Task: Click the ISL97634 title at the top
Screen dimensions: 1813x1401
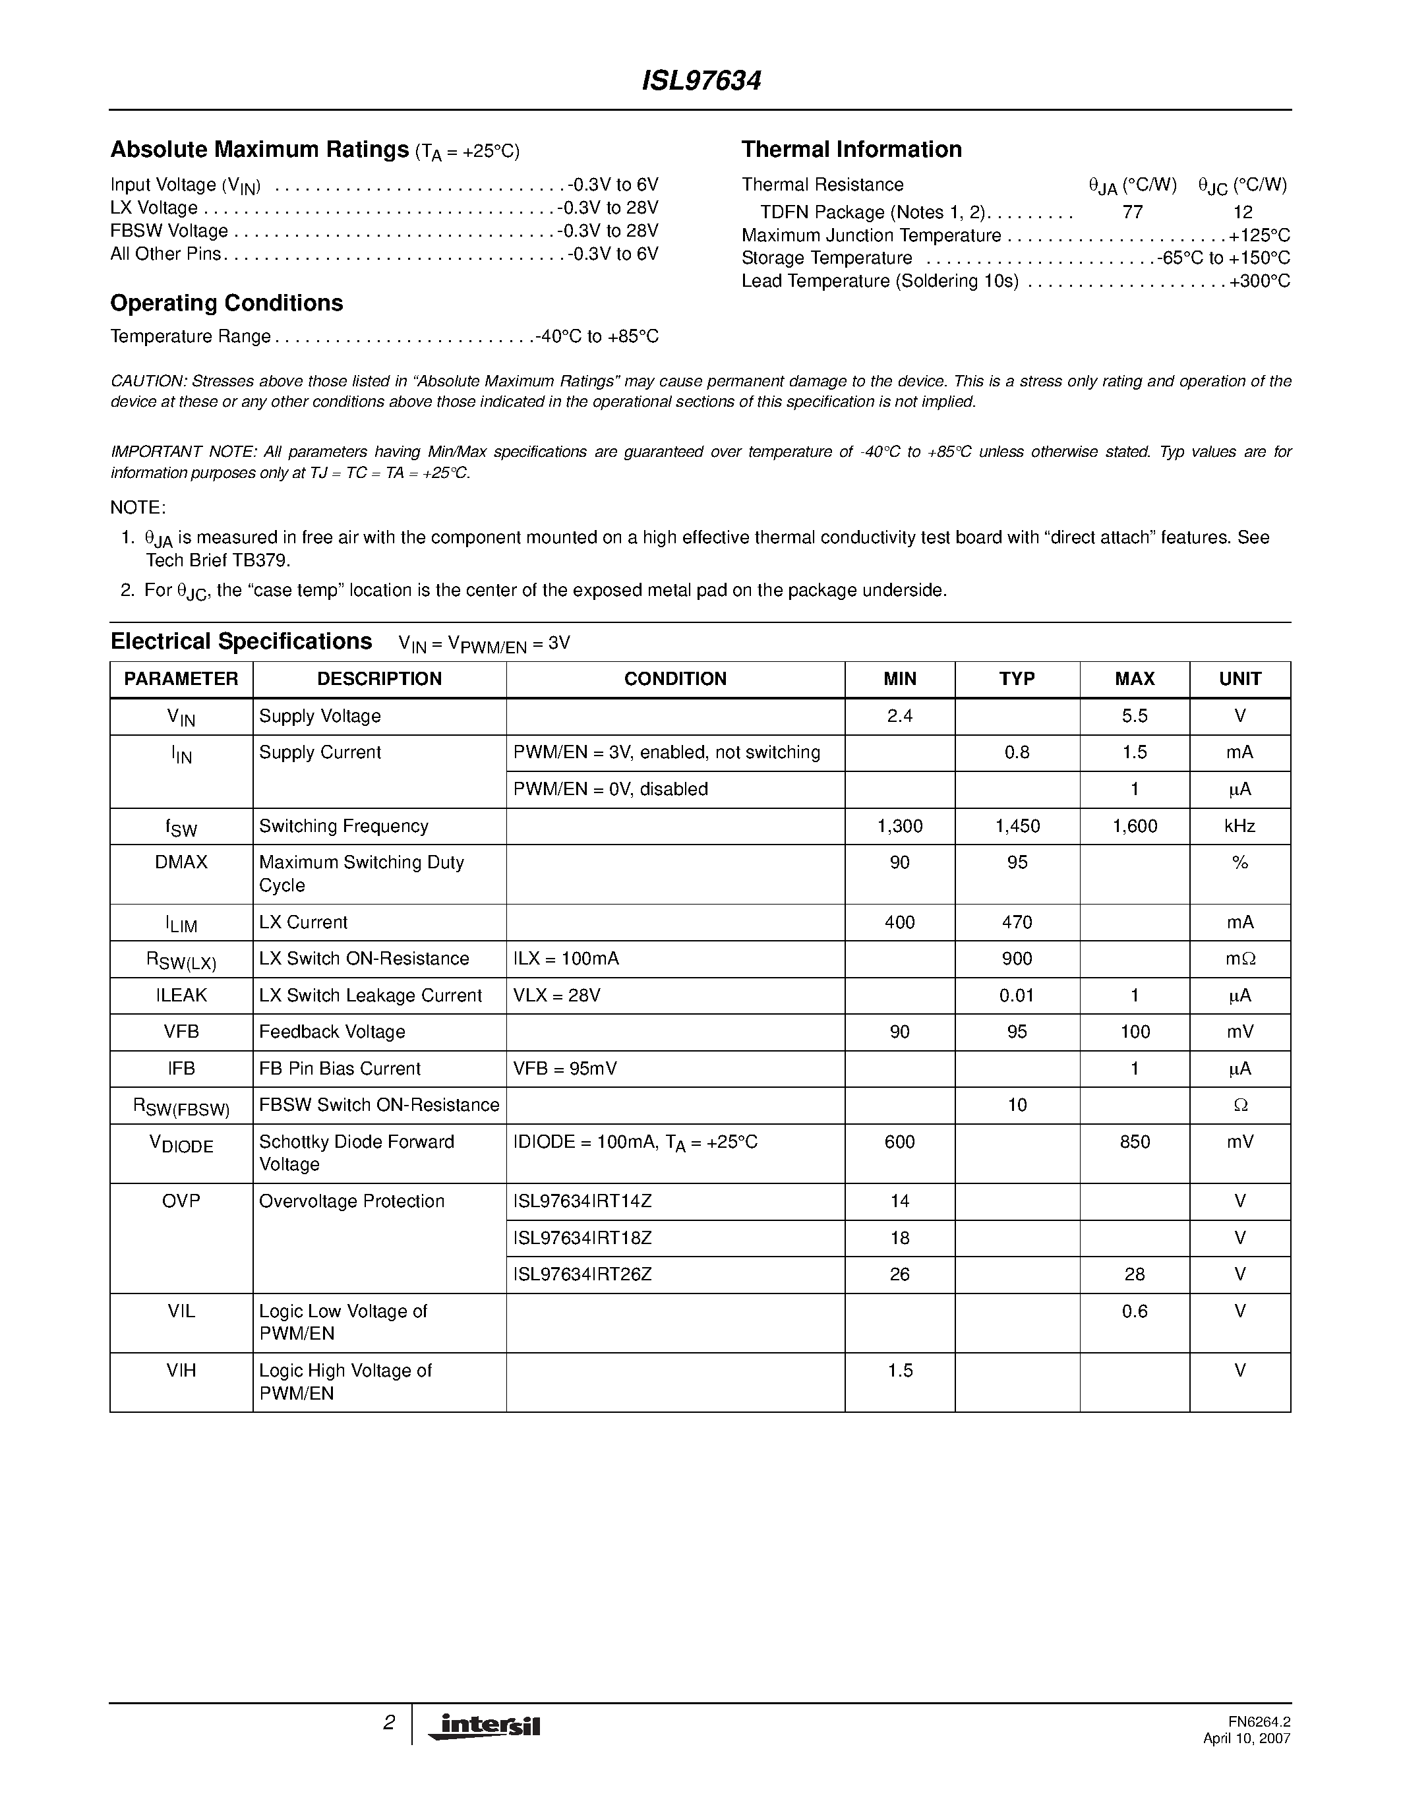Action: [701, 80]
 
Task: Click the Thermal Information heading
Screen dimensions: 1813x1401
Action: [850, 150]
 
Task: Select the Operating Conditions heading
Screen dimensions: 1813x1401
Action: [227, 303]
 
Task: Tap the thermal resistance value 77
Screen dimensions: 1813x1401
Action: [1132, 212]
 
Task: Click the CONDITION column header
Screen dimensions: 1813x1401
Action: [674, 679]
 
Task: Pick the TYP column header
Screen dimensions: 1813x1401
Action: [1017, 679]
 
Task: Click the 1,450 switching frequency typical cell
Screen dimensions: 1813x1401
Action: [1017, 826]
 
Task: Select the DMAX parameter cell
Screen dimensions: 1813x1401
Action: [181, 862]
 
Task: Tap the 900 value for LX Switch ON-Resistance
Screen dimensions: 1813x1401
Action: [1017, 959]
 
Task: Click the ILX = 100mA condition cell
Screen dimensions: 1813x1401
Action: [566, 959]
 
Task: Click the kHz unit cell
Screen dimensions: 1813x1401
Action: [1239, 826]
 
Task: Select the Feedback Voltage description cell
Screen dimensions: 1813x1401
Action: [332, 1032]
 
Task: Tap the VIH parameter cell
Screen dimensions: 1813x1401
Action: [181, 1371]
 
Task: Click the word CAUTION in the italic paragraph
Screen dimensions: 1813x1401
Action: [147, 381]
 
